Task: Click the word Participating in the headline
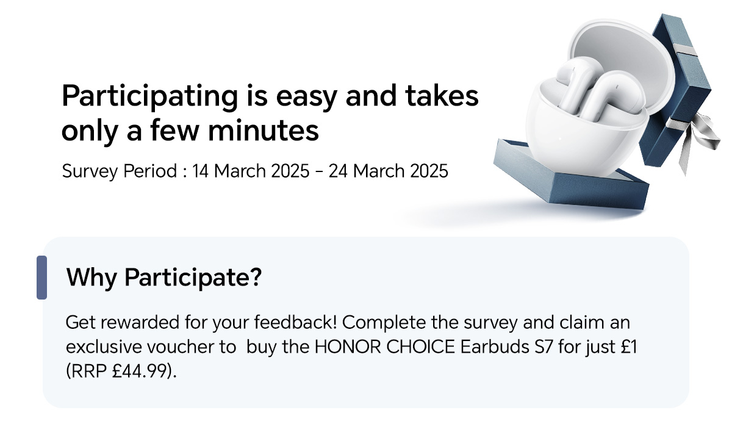coord(149,97)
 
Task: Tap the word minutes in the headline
coord(264,131)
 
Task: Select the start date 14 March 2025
coord(251,171)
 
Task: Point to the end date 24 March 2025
coord(388,171)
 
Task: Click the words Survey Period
coord(120,171)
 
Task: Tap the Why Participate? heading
coord(164,278)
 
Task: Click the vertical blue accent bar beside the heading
coord(41,278)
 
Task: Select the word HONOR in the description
coord(348,347)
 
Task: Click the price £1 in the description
coord(629,347)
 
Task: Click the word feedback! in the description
coord(295,322)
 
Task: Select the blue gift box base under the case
coord(570,178)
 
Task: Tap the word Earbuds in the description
coord(495,347)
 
